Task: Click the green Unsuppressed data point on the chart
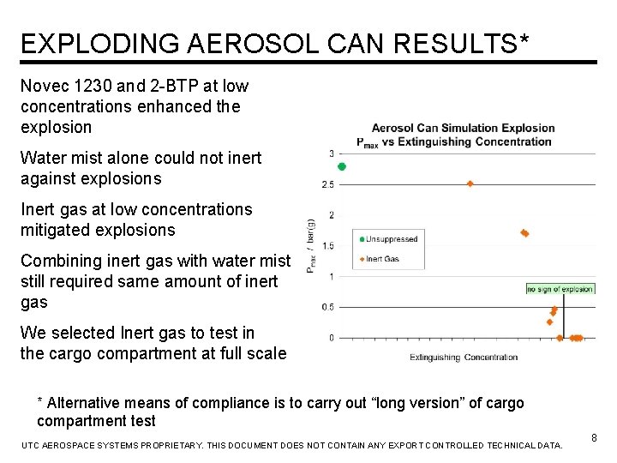(x=342, y=166)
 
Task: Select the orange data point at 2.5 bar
(x=470, y=183)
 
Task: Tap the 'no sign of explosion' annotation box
(x=560, y=289)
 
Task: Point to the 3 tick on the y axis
(x=332, y=153)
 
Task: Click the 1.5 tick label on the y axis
(x=328, y=245)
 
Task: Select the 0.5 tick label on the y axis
(x=328, y=307)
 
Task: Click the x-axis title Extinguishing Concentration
(x=463, y=358)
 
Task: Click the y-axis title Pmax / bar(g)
(x=310, y=246)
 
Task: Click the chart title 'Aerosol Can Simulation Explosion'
(x=463, y=129)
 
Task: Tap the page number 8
(x=594, y=438)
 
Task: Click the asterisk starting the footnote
(x=40, y=403)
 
